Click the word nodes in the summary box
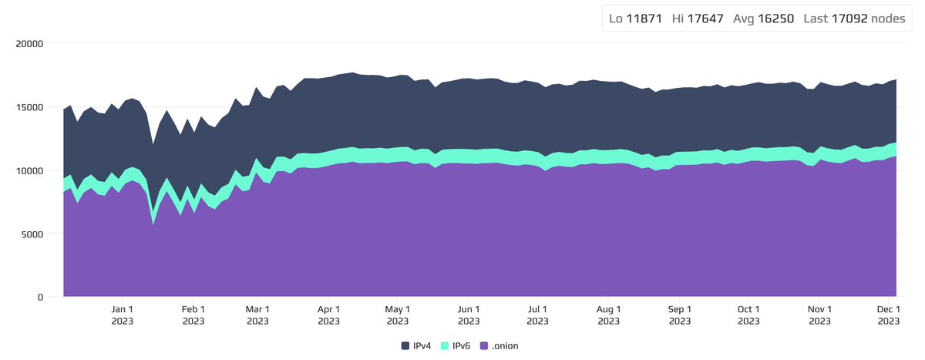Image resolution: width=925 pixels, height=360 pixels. [889, 19]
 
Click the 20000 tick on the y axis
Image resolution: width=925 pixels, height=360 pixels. [29, 43]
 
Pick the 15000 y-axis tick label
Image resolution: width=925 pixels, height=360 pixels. [29, 106]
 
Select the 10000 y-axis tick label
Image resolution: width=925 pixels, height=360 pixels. [29, 170]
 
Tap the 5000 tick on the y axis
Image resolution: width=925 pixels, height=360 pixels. [32, 234]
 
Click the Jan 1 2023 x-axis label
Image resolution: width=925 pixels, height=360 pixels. [123, 315]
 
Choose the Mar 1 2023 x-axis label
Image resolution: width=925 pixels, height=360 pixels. [257, 315]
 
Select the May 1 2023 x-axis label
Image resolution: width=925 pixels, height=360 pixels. [397, 315]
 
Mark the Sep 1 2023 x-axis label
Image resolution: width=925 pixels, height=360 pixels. [679, 315]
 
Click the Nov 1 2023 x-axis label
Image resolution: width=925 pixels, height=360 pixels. [820, 315]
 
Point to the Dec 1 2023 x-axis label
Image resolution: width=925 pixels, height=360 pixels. [888, 315]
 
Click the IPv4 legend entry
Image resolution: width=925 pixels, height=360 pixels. [416, 346]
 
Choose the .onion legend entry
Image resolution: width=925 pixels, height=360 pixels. [499, 346]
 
